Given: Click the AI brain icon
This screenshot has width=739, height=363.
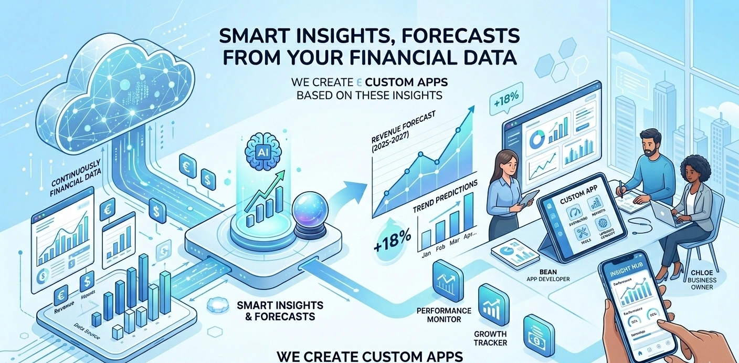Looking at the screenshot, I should point(264,149).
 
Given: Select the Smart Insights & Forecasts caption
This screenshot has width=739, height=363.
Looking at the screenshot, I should point(280,311).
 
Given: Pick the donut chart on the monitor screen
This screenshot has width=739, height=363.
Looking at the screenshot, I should point(538,140).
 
